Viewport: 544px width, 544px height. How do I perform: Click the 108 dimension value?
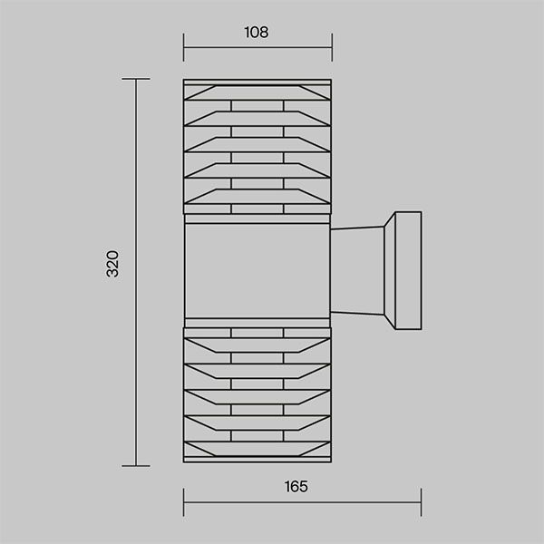click(x=257, y=33)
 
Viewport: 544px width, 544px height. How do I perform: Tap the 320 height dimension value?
click(x=112, y=264)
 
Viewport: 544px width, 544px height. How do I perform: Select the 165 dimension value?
click(x=296, y=486)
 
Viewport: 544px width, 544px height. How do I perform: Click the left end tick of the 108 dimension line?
click(x=183, y=47)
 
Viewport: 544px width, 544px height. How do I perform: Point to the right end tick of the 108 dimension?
click(x=332, y=47)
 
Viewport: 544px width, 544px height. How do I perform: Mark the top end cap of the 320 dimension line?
click(x=136, y=79)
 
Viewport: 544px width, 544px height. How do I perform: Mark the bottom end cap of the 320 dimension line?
click(x=136, y=466)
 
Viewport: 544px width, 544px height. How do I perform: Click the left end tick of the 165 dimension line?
click(x=183, y=502)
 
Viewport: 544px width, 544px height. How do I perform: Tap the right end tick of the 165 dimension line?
click(x=422, y=502)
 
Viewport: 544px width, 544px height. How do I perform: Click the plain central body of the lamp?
click(x=257, y=270)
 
